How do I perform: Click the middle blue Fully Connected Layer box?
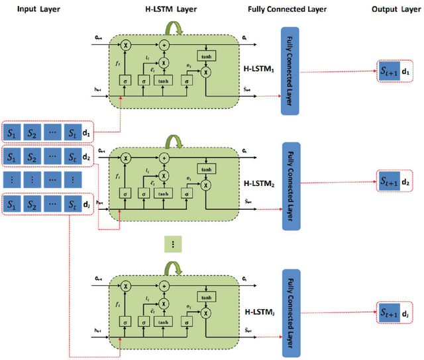pos(292,185)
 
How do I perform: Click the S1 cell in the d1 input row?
pos(12,132)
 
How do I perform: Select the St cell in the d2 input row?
pos(74,156)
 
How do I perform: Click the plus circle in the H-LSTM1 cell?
pos(164,45)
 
